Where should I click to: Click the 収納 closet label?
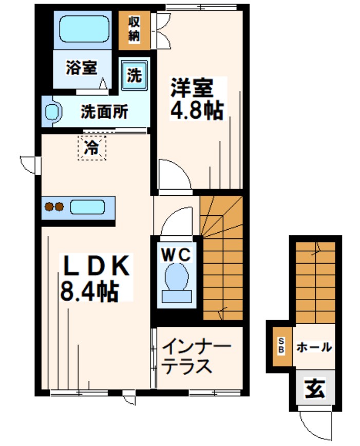click(135, 29)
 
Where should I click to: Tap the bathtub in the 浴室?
click(83, 29)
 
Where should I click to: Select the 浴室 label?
click(81, 68)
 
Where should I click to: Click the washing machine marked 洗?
click(135, 76)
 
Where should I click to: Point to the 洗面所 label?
click(104, 112)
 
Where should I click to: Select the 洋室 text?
click(192, 89)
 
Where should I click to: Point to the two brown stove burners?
click(54, 207)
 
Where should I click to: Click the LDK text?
click(96, 266)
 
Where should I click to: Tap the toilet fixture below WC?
click(176, 283)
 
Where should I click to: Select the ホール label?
click(313, 347)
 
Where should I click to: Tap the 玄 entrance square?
click(314, 389)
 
